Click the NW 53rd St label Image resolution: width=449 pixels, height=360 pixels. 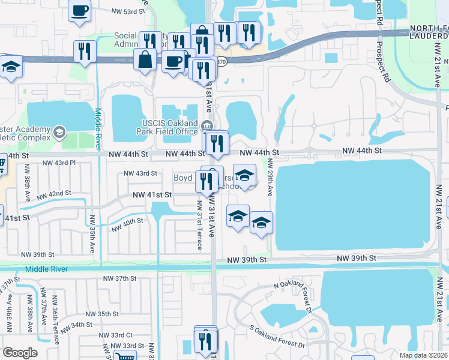(x=129, y=11)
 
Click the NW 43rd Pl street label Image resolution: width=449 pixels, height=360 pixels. (x=59, y=163)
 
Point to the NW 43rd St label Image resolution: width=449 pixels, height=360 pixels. (x=140, y=173)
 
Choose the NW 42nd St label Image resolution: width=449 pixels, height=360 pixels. (x=53, y=194)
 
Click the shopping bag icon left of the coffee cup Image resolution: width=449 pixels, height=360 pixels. (x=146, y=59)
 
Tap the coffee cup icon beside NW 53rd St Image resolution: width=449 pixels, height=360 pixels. (x=80, y=10)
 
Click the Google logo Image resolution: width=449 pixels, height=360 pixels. (x=20, y=352)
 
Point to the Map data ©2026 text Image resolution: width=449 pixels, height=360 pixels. (x=424, y=355)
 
